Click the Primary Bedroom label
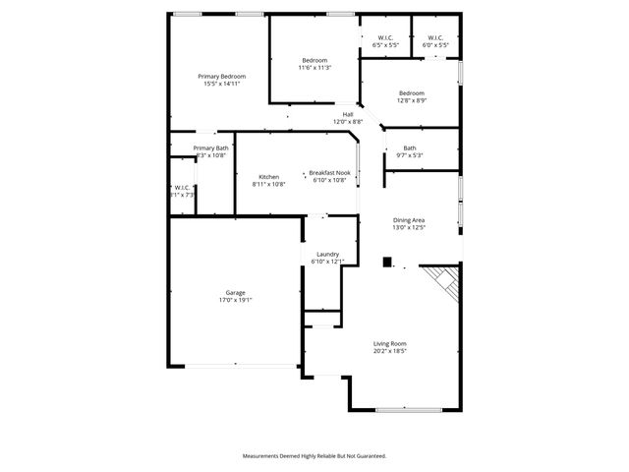click(221, 77)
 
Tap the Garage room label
click(236, 292)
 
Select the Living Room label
click(389, 343)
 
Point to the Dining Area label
click(409, 220)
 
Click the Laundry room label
click(327, 254)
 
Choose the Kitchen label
click(268, 177)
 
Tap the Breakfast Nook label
click(329, 173)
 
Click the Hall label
click(348, 114)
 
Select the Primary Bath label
click(210, 147)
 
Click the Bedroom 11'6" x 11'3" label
click(315, 61)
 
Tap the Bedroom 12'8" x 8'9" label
click(411, 93)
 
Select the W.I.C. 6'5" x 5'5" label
click(386, 38)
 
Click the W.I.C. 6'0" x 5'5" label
click(435, 38)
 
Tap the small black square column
click(387, 263)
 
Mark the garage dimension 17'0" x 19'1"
click(236, 300)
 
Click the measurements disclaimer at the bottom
click(314, 456)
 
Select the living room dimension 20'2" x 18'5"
click(389, 351)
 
